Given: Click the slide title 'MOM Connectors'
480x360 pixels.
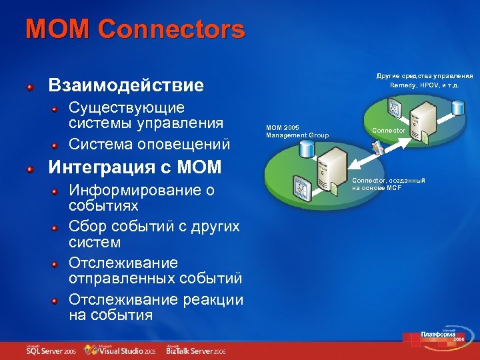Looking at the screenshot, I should tap(135, 29).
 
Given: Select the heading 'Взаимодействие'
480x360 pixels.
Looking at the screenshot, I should tap(125, 86).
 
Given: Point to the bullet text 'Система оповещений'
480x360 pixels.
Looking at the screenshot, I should tap(149, 143).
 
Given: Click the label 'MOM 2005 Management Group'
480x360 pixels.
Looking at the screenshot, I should tap(297, 131).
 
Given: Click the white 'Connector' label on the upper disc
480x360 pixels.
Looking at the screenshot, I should tap(388, 131).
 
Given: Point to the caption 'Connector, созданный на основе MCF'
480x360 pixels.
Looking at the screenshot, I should tap(388, 184).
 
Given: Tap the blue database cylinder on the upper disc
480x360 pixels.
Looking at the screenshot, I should tap(457, 107).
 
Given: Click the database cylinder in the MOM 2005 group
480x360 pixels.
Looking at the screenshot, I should tap(307, 149).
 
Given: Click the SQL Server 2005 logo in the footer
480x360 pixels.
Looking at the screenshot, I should tap(51, 349).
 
